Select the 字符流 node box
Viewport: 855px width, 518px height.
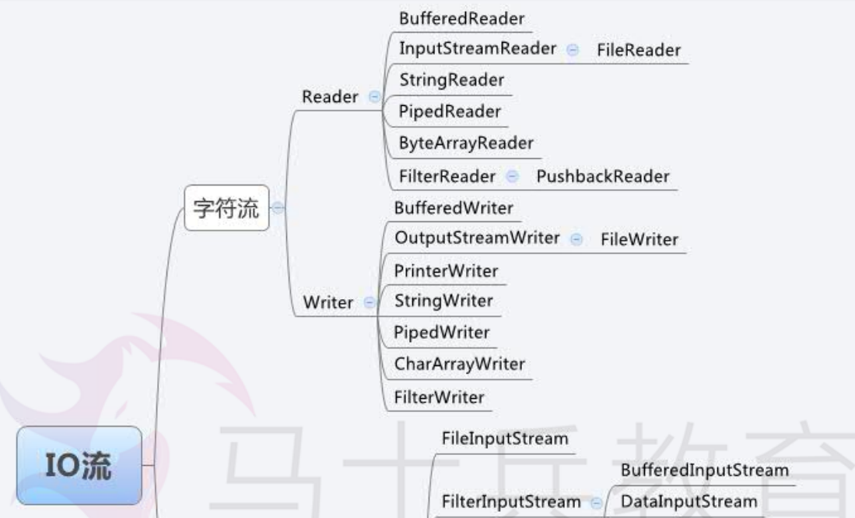tap(226, 208)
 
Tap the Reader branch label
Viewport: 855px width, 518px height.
tap(330, 97)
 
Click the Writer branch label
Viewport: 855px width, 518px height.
tap(328, 303)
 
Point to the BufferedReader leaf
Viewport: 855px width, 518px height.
tap(461, 18)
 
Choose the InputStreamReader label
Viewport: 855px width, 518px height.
tap(478, 48)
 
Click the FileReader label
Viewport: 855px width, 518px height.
tap(639, 51)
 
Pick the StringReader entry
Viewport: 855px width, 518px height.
tap(451, 79)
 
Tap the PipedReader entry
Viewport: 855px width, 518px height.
tap(450, 111)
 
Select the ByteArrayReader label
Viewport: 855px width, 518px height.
tap(466, 143)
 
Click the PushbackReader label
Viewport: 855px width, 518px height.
tap(602, 176)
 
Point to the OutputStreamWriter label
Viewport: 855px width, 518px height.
tap(477, 238)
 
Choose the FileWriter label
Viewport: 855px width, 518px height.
tap(639, 239)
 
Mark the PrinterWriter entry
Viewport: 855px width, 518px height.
tap(446, 270)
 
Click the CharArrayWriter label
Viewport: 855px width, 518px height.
tap(459, 364)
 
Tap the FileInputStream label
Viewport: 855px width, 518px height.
tap(504, 439)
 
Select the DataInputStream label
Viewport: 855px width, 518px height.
tap(689, 502)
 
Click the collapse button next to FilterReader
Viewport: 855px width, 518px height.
tap(512, 177)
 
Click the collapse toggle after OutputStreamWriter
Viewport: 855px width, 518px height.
tap(576, 239)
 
